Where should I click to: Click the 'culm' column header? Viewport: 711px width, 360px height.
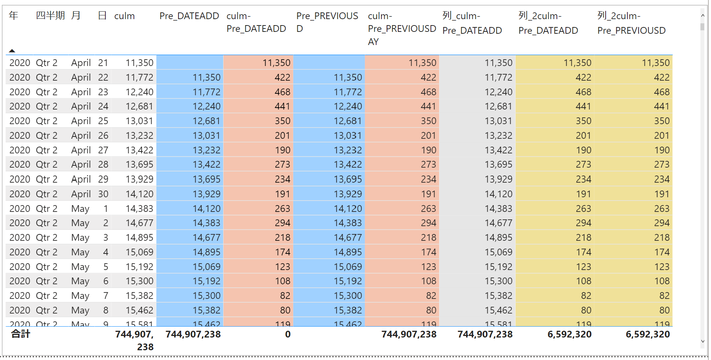pyautogui.click(x=124, y=16)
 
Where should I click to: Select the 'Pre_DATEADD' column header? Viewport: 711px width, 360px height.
pyautogui.click(x=189, y=16)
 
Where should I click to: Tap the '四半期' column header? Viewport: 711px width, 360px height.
pyautogui.click(x=50, y=16)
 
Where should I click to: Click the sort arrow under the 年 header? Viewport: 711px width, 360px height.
pyautogui.click(x=12, y=51)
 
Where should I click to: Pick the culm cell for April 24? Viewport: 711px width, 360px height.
pyautogui.click(x=139, y=106)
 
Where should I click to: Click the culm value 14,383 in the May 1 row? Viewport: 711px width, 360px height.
pyautogui.click(x=139, y=208)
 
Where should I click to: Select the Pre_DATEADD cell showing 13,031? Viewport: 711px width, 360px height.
pyautogui.click(x=206, y=136)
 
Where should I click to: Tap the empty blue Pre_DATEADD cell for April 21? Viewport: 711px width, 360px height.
pyautogui.click(x=190, y=63)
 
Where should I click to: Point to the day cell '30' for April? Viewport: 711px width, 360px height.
pyautogui.click(x=103, y=194)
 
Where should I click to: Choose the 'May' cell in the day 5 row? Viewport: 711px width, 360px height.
pyautogui.click(x=80, y=267)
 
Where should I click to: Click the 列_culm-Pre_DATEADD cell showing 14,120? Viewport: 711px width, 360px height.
pyautogui.click(x=498, y=194)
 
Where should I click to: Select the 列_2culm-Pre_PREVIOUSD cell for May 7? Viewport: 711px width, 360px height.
pyautogui.click(x=664, y=295)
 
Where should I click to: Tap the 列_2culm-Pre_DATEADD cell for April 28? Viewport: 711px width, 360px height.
pyautogui.click(x=583, y=165)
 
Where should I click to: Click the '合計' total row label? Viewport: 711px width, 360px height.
pyautogui.click(x=21, y=334)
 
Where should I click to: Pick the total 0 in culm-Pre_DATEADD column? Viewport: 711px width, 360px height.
pyautogui.click(x=288, y=334)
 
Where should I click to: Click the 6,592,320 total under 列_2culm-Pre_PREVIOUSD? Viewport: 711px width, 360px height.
pyautogui.click(x=648, y=334)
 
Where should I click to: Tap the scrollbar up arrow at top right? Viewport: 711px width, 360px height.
pyautogui.click(x=702, y=15)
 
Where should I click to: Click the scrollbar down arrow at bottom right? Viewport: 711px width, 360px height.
pyautogui.click(x=702, y=341)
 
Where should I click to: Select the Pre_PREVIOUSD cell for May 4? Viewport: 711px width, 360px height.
pyautogui.click(x=348, y=252)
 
